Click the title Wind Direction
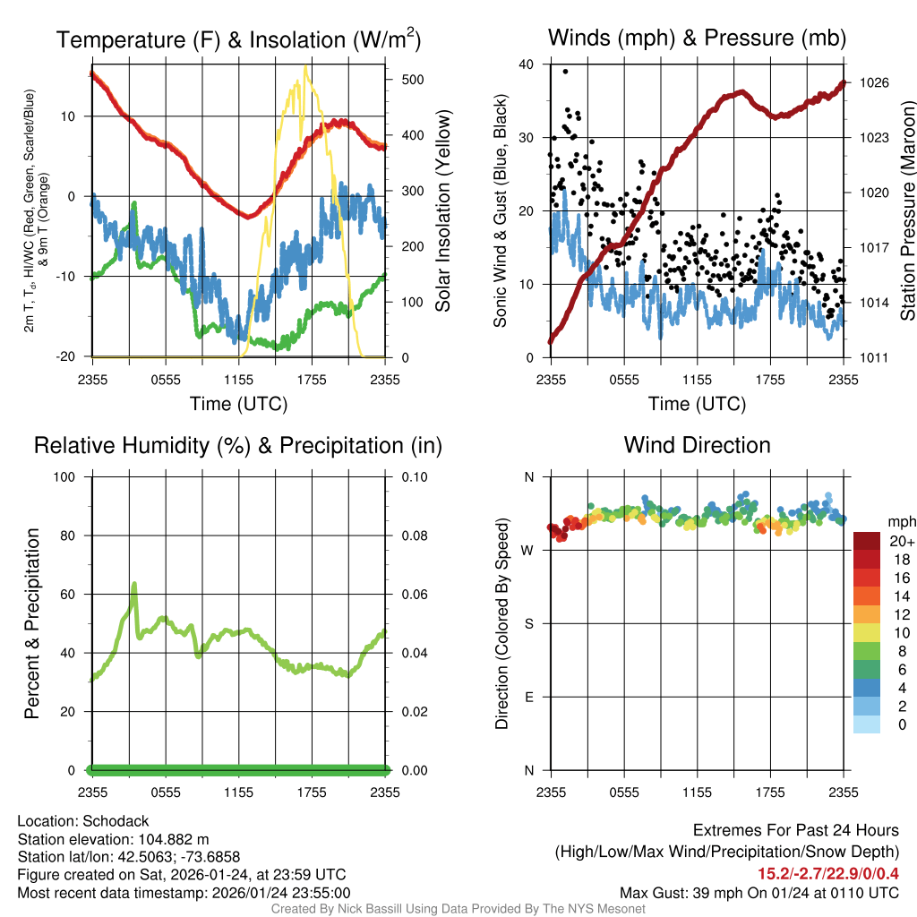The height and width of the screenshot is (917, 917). coord(697,445)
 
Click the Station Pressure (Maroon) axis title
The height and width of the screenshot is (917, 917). coord(906,210)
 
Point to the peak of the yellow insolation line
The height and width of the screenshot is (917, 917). coord(306,66)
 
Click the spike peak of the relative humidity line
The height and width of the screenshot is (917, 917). coord(134,584)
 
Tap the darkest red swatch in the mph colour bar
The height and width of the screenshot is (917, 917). coord(867,541)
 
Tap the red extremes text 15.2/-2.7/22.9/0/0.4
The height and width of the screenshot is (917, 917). coord(829,874)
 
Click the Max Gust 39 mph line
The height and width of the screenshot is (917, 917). coord(759,893)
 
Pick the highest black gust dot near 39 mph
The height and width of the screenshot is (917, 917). coord(565,71)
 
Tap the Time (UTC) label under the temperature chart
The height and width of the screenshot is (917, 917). coord(238,404)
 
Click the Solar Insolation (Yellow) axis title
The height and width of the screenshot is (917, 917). coord(443,210)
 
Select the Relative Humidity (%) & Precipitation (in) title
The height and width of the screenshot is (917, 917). coord(238,445)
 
